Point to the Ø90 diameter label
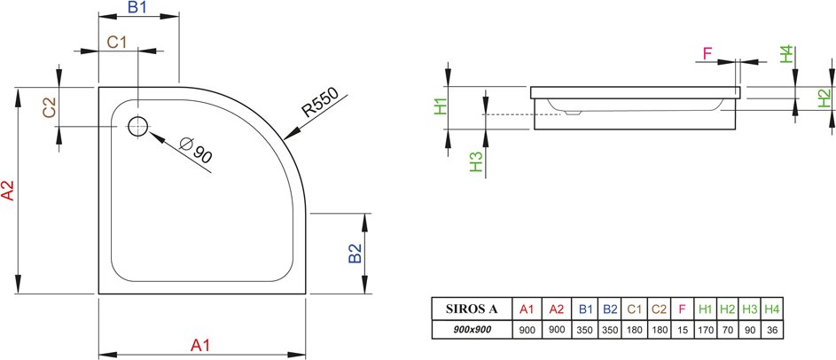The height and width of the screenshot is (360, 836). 196,150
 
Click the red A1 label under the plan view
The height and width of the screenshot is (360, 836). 200,346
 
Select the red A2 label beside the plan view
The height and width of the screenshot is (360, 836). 8,190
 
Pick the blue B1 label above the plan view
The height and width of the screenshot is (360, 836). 137,7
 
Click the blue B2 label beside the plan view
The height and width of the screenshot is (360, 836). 355,254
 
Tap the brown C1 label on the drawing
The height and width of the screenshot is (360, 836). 117,43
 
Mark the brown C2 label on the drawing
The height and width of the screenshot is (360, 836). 50,108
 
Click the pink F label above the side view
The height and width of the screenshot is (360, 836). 707,53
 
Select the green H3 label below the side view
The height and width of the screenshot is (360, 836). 476,162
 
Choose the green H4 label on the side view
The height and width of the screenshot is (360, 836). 787,54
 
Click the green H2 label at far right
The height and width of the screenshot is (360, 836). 824,98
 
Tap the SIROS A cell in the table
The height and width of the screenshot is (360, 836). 472,309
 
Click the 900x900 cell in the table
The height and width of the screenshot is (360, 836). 472,330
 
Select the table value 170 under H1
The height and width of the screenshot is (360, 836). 705,330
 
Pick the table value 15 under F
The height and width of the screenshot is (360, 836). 682,330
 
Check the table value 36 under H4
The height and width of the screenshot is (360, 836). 771,330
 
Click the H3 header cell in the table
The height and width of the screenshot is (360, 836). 750,309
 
